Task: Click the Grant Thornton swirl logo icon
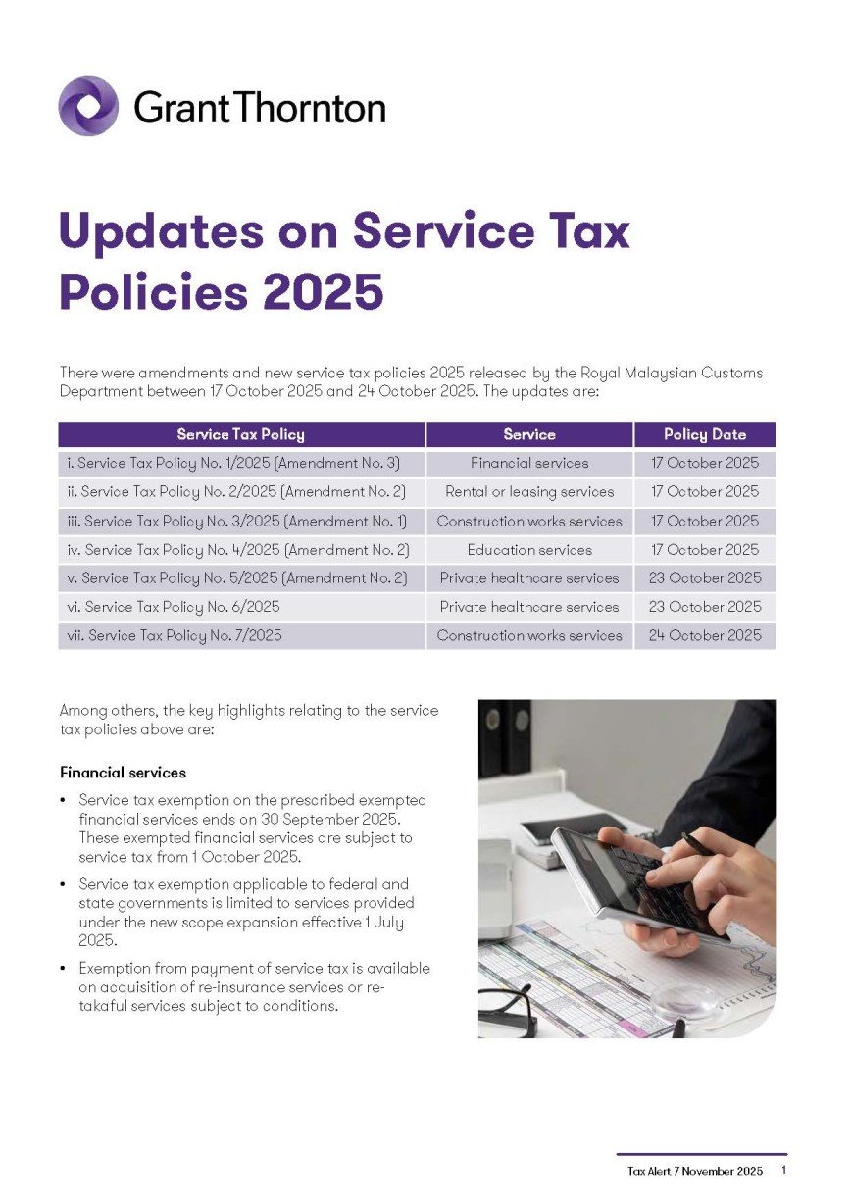coord(88,106)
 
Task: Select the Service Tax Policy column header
coord(240,434)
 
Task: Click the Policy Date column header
coord(704,434)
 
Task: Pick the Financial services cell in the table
coord(529,463)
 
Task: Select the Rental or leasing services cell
coord(529,492)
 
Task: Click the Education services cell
coord(529,550)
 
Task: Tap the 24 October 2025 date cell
coord(704,635)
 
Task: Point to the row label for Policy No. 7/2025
coord(172,635)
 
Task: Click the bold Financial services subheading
coord(123,773)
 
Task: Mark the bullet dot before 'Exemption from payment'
coord(64,969)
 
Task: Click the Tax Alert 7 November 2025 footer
coord(694,1172)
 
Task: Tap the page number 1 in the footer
coord(783,1171)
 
